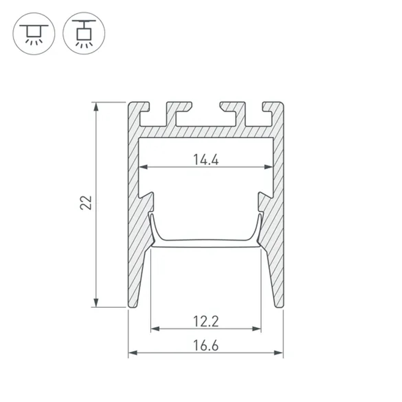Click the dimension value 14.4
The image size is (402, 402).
pos(205,160)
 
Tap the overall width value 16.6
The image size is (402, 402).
pos(205,345)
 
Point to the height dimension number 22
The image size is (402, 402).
pos(86,203)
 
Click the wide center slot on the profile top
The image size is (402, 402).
pos(205,115)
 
